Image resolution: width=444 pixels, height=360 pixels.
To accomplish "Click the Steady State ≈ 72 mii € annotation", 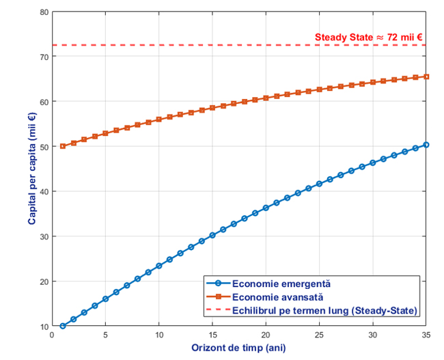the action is pos(369,38).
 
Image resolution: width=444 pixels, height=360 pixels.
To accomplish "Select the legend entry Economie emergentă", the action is pos(281,283).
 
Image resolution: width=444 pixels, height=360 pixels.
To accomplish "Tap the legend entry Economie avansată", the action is pos(277,297).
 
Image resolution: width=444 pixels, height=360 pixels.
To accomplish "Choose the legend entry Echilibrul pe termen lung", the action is pos(324,311).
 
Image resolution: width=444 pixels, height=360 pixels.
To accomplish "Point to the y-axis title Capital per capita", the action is pos(32,169).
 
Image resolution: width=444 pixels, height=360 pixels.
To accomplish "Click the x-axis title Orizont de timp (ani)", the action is pos(238,348).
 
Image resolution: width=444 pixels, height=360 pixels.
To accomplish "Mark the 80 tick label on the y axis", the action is pos(44,12).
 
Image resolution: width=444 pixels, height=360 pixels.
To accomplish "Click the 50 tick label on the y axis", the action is pos(44,147).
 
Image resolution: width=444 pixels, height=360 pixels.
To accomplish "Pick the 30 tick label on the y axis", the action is pos(44,236).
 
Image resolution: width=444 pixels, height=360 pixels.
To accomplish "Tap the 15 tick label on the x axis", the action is pos(212,335).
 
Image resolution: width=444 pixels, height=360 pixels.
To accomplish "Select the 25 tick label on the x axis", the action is pos(319,335).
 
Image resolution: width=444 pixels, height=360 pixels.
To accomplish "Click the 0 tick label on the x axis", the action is pos(52,335).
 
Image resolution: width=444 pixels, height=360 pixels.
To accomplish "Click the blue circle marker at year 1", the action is pos(63,326).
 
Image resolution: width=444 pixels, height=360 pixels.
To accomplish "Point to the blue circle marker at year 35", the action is pos(426,145).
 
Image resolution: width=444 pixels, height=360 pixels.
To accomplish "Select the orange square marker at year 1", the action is pos(63,146).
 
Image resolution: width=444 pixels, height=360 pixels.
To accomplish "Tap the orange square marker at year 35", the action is pos(426,77).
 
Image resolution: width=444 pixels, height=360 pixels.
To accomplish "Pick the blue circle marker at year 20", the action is pos(266,208).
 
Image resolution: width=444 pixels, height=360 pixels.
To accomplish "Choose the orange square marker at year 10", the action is pos(159,120).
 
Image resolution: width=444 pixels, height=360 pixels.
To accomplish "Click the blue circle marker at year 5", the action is pos(105,299).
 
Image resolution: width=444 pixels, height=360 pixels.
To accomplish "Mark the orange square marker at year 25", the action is pos(319,89).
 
